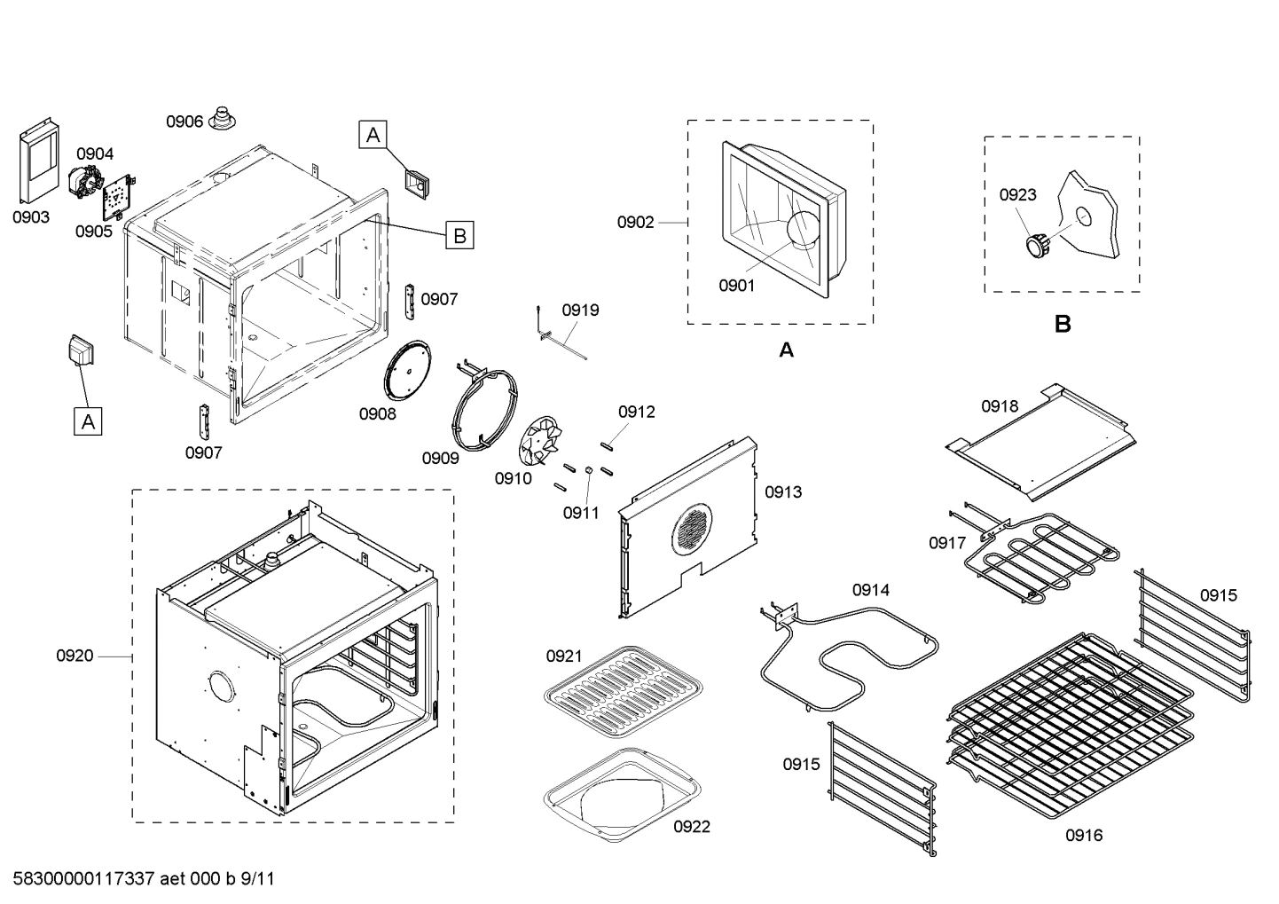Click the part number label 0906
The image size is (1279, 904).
[x=184, y=122]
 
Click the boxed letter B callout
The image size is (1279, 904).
[x=459, y=236]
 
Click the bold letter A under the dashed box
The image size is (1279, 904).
[x=786, y=350]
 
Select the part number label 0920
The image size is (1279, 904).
[x=75, y=656]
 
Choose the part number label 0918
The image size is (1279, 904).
[x=1000, y=406]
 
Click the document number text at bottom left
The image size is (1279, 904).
[x=144, y=879]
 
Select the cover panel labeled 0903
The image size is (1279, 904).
[x=39, y=160]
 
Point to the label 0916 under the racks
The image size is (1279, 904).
[x=1084, y=835]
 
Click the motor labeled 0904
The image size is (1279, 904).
[x=86, y=182]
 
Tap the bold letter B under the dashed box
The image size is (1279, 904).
[x=1063, y=325]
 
